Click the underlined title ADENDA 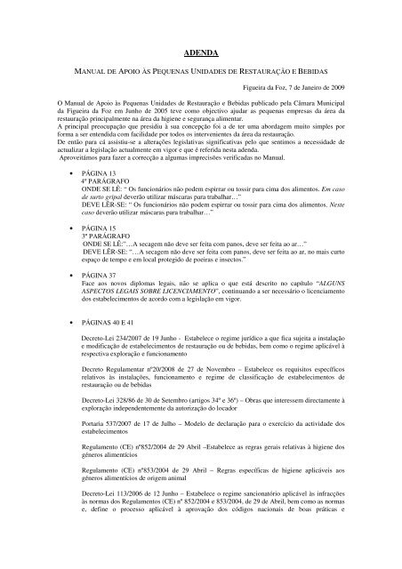point(200,53)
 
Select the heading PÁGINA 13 point(100,172)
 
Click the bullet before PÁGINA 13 point(70,172)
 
